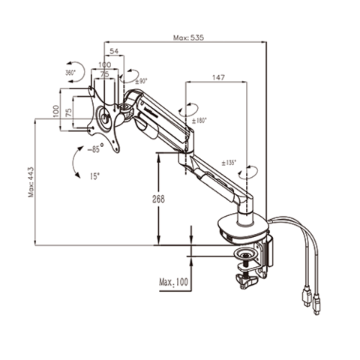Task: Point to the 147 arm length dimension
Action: [x=218, y=77]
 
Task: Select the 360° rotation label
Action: [x=71, y=73]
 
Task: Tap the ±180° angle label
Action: [x=199, y=120]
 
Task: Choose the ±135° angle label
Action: [x=229, y=162]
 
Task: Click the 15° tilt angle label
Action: [x=93, y=177]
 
